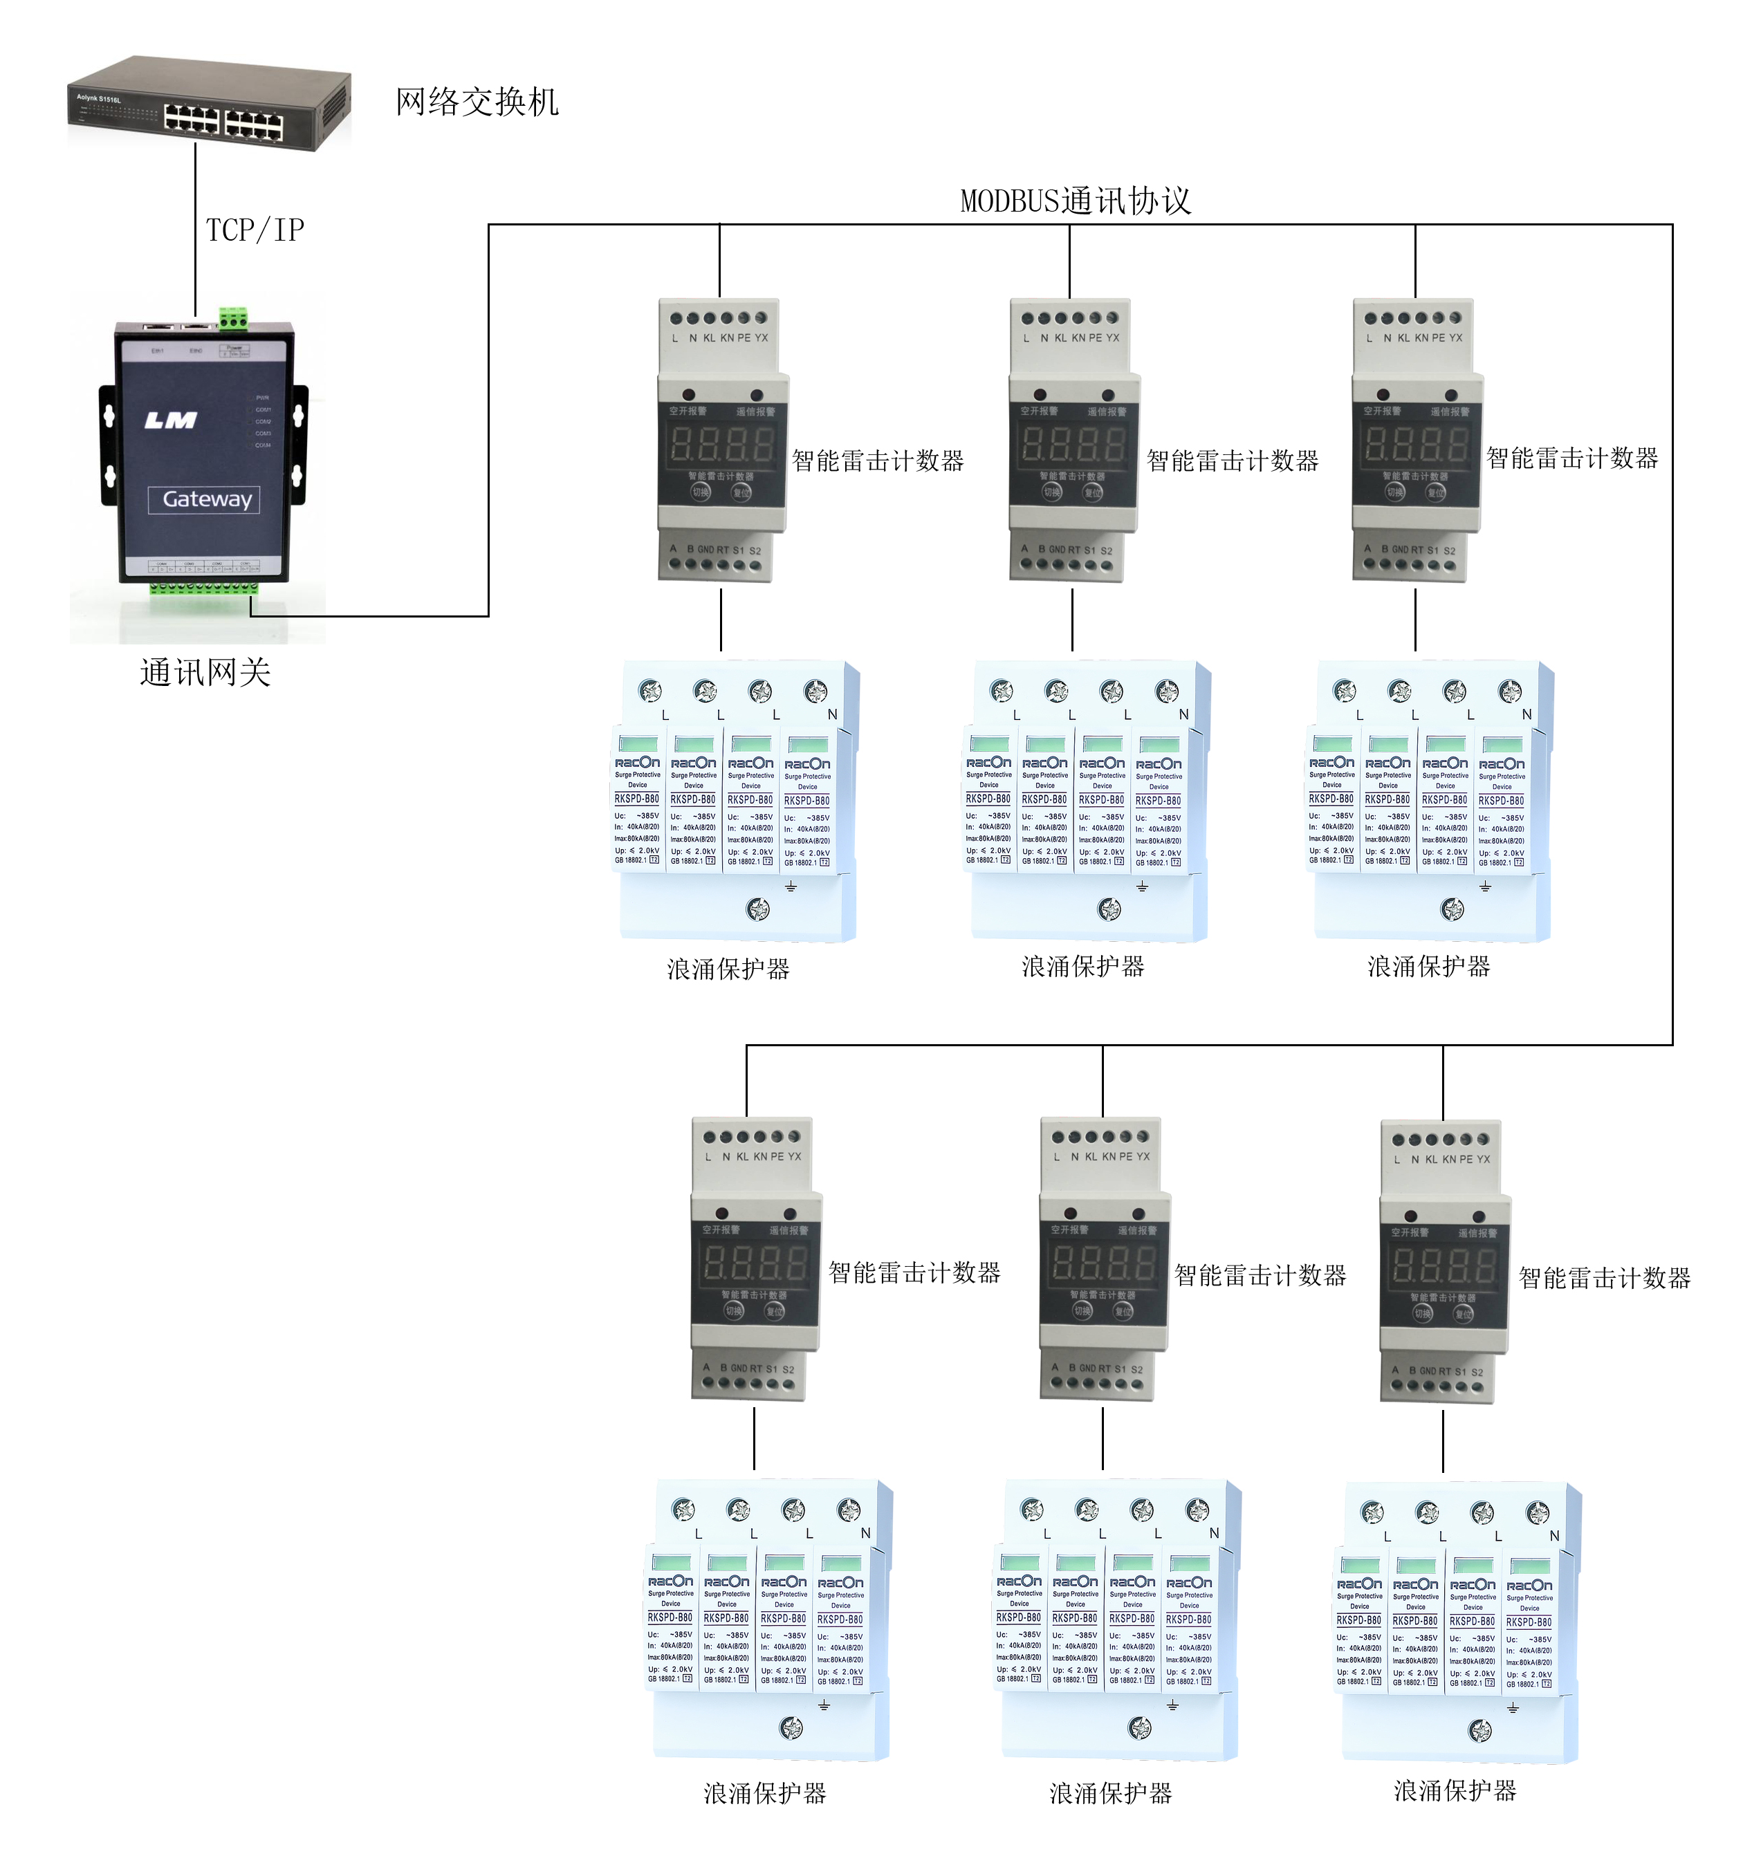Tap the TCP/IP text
(x=255, y=230)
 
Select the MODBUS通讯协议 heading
(x=1076, y=201)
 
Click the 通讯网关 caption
(x=205, y=672)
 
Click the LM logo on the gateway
(x=171, y=421)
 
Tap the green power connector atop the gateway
(x=233, y=320)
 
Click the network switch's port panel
(x=224, y=120)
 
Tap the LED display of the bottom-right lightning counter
(x=1444, y=1266)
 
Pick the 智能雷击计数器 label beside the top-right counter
(x=1572, y=458)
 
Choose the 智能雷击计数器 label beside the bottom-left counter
(x=915, y=1272)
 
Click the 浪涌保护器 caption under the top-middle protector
(x=1083, y=966)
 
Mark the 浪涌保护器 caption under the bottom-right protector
(x=1455, y=1790)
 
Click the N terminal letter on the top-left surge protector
(x=832, y=715)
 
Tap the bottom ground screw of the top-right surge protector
(x=1452, y=909)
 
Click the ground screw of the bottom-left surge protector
(x=791, y=1728)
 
